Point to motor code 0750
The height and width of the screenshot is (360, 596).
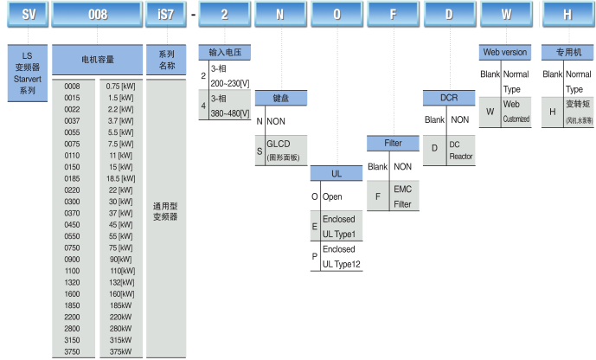click(x=72, y=247)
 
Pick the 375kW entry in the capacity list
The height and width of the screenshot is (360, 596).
click(x=120, y=351)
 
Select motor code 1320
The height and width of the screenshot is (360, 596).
click(x=72, y=281)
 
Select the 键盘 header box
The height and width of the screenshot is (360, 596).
click(x=282, y=100)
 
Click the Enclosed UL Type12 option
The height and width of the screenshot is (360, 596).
click(x=341, y=257)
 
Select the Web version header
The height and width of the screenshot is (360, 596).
click(x=503, y=53)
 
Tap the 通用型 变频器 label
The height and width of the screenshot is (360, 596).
click(x=165, y=212)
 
